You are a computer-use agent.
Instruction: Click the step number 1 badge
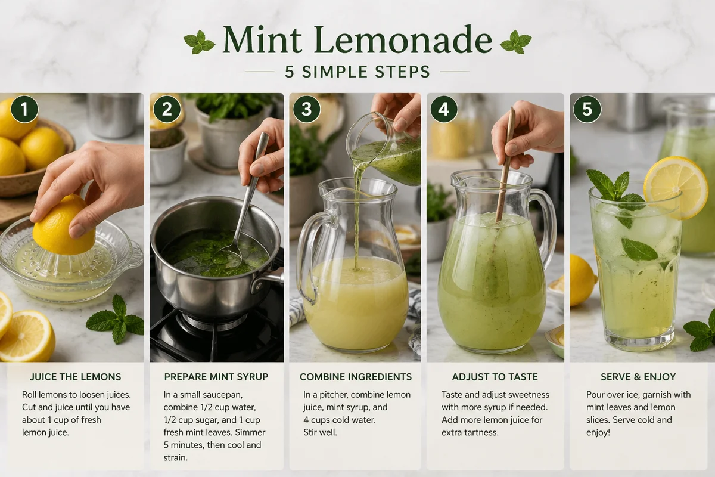point(24,110)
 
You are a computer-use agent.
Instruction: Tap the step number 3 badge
point(306,110)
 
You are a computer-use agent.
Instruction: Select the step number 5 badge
point(587,110)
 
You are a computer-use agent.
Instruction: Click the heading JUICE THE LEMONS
point(76,377)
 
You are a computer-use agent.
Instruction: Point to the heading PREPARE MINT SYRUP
point(216,377)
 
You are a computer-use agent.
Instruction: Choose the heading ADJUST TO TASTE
point(495,377)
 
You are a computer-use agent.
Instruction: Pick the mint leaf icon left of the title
point(199,42)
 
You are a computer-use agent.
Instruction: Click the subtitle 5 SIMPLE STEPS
point(357,72)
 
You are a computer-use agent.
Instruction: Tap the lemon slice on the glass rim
point(676,186)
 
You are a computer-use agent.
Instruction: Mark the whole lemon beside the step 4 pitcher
point(581,280)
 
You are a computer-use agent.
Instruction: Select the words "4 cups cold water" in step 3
point(340,419)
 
